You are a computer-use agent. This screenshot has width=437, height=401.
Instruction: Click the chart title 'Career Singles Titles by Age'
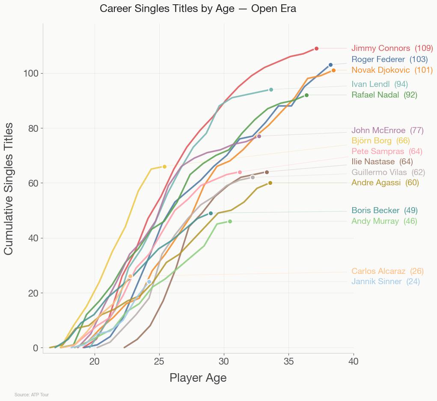(x=198, y=9)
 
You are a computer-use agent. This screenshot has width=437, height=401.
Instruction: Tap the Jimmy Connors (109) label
(x=392, y=48)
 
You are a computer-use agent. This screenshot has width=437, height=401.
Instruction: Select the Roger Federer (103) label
(x=389, y=59)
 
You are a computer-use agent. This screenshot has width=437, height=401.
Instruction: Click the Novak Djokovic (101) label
(x=392, y=70)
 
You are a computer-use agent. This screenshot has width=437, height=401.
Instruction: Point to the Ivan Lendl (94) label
(x=380, y=84)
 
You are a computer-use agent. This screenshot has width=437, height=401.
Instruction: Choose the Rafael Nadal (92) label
(x=384, y=95)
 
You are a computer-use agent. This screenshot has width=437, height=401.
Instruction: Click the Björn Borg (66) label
(x=381, y=141)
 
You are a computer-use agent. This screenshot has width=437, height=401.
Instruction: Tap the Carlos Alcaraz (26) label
(x=387, y=271)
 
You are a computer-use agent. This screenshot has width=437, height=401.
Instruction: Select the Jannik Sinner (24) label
(x=385, y=282)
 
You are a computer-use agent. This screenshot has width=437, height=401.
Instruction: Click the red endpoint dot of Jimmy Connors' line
(x=316, y=48)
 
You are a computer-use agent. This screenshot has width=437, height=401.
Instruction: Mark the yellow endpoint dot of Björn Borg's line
(x=164, y=167)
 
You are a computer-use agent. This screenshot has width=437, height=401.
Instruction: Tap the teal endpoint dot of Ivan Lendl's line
(x=271, y=89)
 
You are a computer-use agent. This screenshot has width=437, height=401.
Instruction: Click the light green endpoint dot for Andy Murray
(x=230, y=221)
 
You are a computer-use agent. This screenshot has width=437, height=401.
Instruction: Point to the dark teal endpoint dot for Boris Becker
(x=211, y=213)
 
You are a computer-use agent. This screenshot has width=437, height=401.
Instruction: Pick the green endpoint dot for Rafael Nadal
(x=306, y=95)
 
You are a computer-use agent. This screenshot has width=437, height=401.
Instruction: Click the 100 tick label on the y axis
(x=31, y=74)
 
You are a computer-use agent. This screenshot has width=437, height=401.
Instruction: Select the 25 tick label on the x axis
(x=159, y=362)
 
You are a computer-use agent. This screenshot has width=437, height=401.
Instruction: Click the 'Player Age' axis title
(x=198, y=378)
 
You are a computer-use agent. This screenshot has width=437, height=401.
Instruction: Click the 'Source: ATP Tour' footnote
(x=32, y=395)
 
